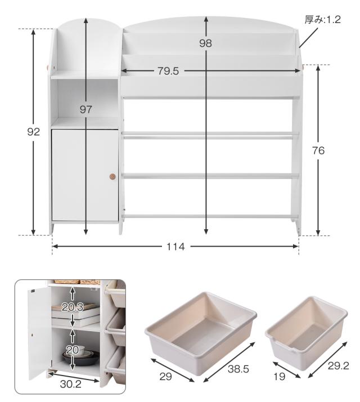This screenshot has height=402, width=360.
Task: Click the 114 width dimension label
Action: (x=175, y=247)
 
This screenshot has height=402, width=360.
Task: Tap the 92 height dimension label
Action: (x=34, y=132)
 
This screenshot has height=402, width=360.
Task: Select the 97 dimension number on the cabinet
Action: (x=85, y=110)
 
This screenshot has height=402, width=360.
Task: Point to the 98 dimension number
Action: (x=205, y=43)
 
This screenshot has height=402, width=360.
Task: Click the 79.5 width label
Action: (x=168, y=71)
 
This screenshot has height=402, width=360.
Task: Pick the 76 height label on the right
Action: (x=318, y=151)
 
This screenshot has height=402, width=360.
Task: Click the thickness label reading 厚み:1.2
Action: (x=322, y=20)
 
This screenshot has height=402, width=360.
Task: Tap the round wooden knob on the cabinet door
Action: (x=112, y=176)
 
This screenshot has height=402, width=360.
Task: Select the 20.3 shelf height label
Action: (x=73, y=307)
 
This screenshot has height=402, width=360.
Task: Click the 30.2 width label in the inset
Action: (x=71, y=384)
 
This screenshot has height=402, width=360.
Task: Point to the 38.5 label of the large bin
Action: (x=238, y=369)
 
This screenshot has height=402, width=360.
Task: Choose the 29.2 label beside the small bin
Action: (x=339, y=366)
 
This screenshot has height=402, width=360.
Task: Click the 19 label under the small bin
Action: (x=280, y=377)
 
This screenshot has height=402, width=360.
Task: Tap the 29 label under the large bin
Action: (x=165, y=377)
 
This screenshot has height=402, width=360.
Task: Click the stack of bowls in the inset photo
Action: (x=81, y=355)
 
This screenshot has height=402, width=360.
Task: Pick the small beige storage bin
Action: (x=306, y=333)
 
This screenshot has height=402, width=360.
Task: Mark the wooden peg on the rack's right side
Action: (x=303, y=68)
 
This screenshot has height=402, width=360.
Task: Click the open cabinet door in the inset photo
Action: (x=39, y=333)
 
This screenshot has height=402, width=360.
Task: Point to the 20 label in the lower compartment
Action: (x=72, y=350)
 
